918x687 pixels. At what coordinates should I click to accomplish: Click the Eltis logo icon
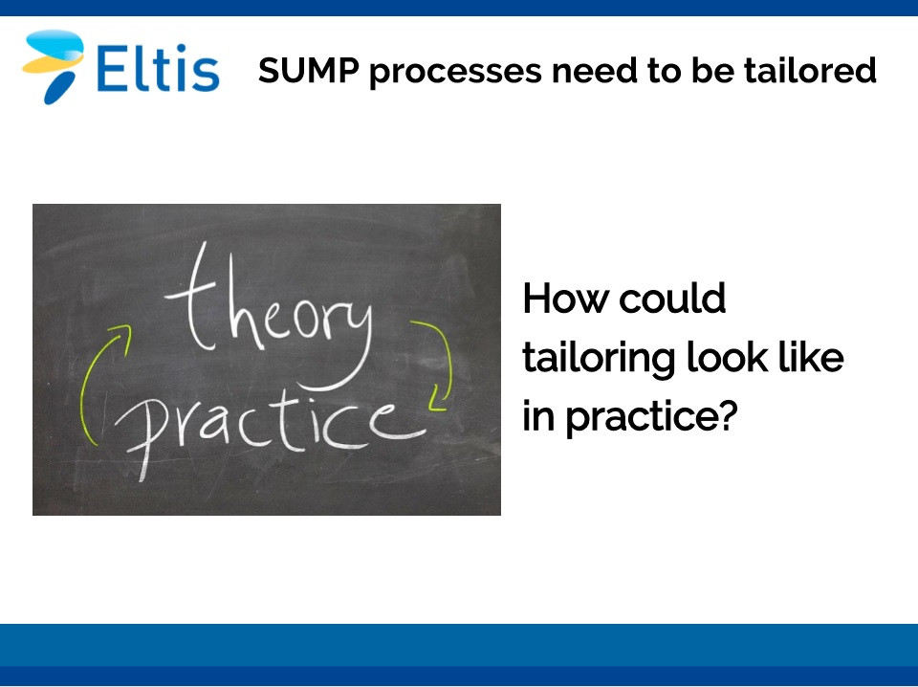point(53,66)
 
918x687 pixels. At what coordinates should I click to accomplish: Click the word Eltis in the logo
point(158,68)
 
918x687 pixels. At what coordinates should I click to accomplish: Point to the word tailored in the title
point(810,70)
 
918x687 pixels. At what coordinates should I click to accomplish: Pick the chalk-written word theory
point(270,317)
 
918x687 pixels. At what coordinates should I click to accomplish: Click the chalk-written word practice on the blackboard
point(270,428)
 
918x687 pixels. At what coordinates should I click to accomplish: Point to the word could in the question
point(672,299)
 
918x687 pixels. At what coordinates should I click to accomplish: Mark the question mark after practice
point(727,414)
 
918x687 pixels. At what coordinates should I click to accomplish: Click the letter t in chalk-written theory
point(193,299)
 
